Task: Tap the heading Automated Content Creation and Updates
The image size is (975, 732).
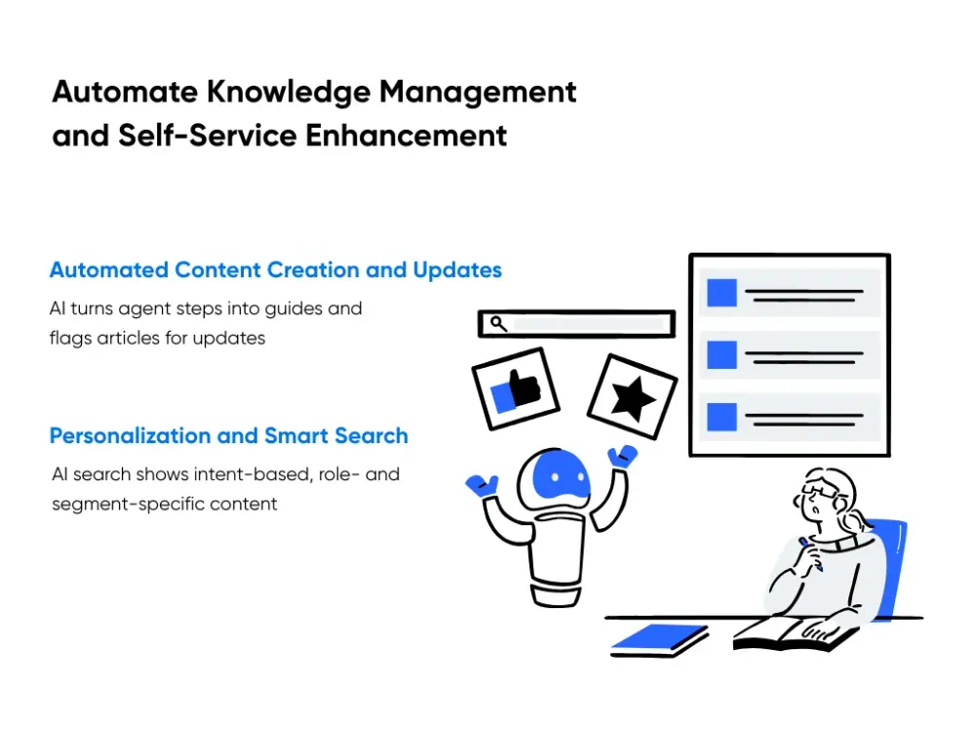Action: [x=276, y=270]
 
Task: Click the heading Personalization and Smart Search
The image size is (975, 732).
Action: [x=229, y=436]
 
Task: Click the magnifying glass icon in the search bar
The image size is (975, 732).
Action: [x=498, y=323]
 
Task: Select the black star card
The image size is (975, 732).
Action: [x=632, y=394]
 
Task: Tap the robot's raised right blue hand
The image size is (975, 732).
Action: [x=622, y=456]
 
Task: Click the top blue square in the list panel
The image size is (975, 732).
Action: [x=721, y=294]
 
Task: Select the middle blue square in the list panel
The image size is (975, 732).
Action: [x=721, y=354]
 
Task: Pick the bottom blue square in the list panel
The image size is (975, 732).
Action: [x=721, y=417]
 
